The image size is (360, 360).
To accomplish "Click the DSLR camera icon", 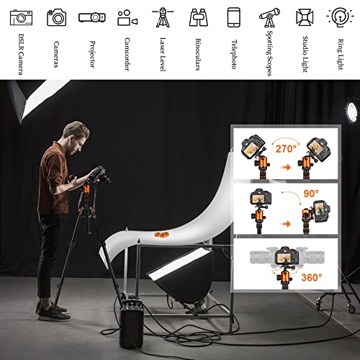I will pyautogui.click(x=21, y=17).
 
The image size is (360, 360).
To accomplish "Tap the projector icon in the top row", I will pyautogui.click(x=92, y=17).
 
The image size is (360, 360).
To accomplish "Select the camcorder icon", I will pyautogui.click(x=127, y=17).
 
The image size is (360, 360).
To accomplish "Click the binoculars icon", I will pyautogui.click(x=199, y=17).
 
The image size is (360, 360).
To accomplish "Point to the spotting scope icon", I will pyautogui.click(x=269, y=17).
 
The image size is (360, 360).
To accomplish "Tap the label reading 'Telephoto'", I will pyautogui.click(x=233, y=53).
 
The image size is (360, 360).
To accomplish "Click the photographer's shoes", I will pyautogui.click(x=52, y=312).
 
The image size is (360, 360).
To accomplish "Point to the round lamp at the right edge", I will pyautogui.click(x=351, y=110).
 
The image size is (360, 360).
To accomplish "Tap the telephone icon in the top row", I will pyautogui.click(x=233, y=17).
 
